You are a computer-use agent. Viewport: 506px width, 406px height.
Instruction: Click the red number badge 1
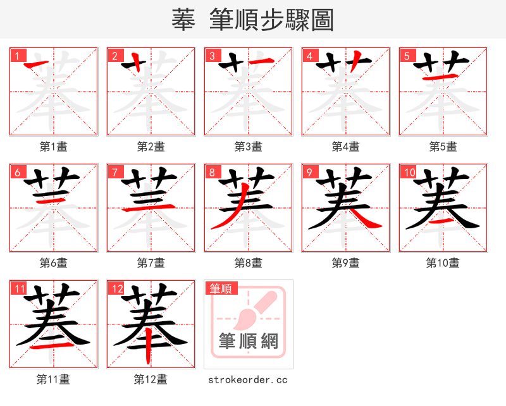coord(17,56)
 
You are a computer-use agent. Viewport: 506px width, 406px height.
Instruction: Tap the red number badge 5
coord(407,56)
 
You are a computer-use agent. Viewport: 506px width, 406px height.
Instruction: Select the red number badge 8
coord(212,172)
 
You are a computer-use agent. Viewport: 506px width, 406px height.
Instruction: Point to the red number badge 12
coord(116,289)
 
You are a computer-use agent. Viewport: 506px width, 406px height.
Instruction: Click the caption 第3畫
coord(248,147)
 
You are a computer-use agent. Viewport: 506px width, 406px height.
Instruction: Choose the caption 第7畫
coord(151,263)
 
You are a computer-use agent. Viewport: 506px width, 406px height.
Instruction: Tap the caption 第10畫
coord(443,263)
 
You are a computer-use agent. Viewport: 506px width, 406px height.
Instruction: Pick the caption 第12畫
coord(151,379)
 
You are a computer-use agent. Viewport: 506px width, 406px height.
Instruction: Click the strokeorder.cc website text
coord(248,379)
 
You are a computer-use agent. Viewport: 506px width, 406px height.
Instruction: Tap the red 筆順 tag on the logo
coord(221,288)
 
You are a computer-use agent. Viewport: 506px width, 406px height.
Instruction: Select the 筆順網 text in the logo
coord(248,341)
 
